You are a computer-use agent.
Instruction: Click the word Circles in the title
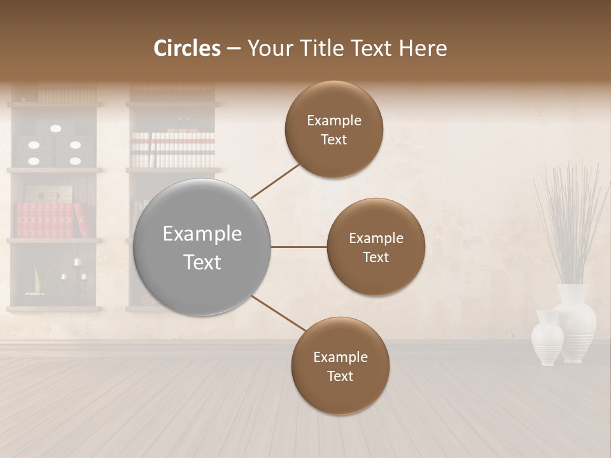187,48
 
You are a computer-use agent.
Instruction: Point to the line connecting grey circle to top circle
275,180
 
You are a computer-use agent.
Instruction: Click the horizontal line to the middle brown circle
298,247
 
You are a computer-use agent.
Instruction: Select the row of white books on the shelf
173,149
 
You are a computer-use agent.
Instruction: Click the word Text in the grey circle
202,262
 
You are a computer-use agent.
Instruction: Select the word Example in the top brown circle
334,120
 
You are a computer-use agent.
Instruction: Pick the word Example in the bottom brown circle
341,357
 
